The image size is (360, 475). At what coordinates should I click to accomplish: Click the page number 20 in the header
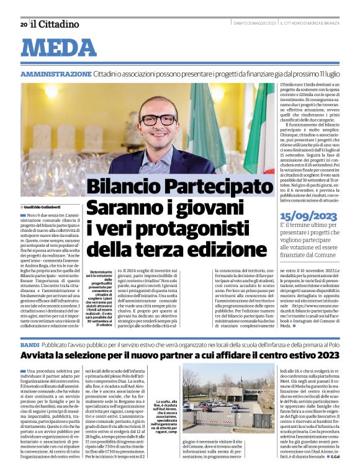click(23, 25)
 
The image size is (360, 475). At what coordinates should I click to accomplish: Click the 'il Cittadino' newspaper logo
click(55, 24)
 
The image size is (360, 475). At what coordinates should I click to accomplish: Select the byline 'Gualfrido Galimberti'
click(45, 206)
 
